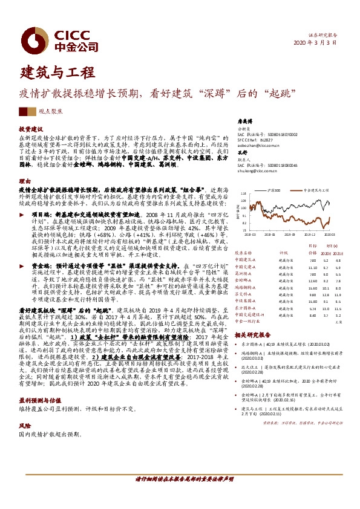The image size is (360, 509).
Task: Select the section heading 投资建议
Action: tap(30, 130)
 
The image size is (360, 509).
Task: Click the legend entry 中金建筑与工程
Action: tap(314, 189)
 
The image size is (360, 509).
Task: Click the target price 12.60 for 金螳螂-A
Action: tap(311, 281)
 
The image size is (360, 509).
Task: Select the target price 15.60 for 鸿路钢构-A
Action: tap(311, 288)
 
